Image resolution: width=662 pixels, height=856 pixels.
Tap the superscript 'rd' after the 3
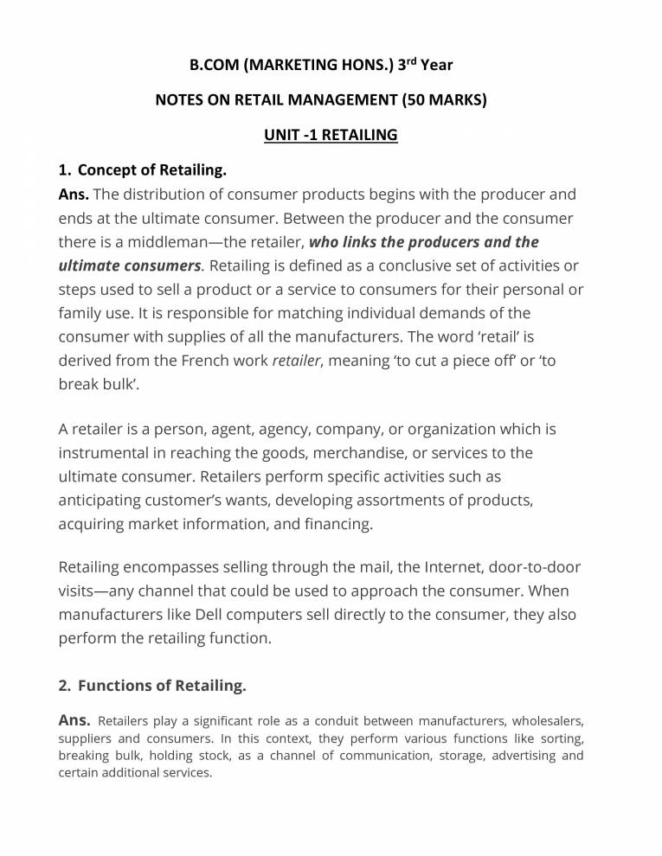click(410, 61)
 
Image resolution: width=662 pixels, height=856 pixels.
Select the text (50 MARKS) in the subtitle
click(445, 99)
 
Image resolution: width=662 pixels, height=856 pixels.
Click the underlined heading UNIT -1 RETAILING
click(331, 135)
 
